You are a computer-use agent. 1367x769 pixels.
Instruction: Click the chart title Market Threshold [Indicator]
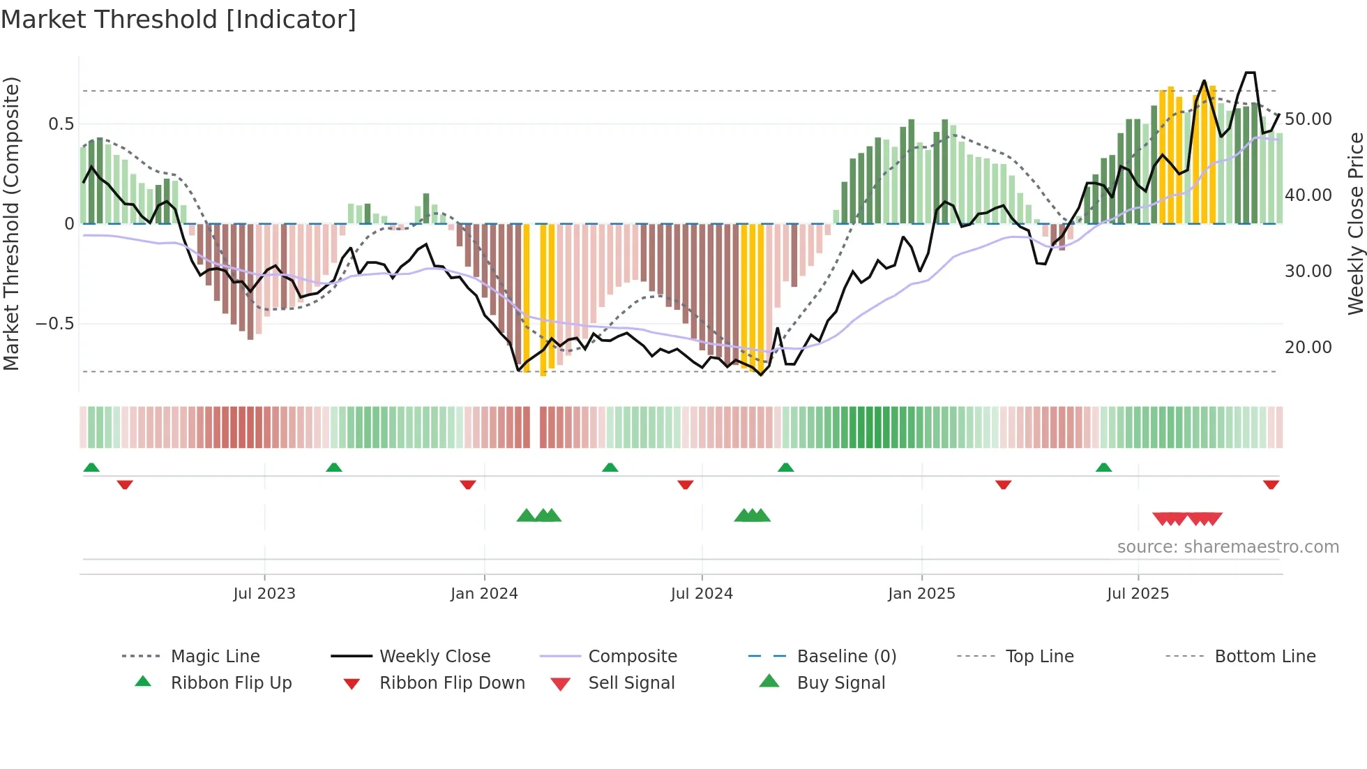pyautogui.click(x=179, y=20)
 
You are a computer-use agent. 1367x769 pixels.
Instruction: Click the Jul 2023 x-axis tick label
pyautogui.click(x=264, y=594)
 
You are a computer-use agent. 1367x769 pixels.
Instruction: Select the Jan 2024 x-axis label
pyautogui.click(x=484, y=594)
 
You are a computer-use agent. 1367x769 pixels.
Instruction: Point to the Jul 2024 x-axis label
pyautogui.click(x=702, y=594)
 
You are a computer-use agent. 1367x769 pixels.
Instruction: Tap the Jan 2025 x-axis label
pyautogui.click(x=921, y=594)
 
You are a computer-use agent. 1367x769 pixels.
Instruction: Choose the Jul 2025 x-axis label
pyautogui.click(x=1138, y=594)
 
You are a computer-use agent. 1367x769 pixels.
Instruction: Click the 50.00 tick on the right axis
pyautogui.click(x=1308, y=119)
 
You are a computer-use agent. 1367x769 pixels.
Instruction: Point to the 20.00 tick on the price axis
pyautogui.click(x=1308, y=348)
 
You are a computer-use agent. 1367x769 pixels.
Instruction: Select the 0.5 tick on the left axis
pyautogui.click(x=61, y=124)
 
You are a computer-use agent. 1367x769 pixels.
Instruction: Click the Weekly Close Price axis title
pyautogui.click(x=1355, y=223)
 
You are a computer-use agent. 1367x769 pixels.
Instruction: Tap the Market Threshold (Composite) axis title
pyautogui.click(x=11, y=223)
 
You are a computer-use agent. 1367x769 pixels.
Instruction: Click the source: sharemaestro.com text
pyautogui.click(x=1228, y=547)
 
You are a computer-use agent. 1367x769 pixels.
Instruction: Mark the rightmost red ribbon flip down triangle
pyautogui.click(x=1271, y=484)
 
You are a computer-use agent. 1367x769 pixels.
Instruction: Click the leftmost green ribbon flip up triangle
pyautogui.click(x=91, y=468)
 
